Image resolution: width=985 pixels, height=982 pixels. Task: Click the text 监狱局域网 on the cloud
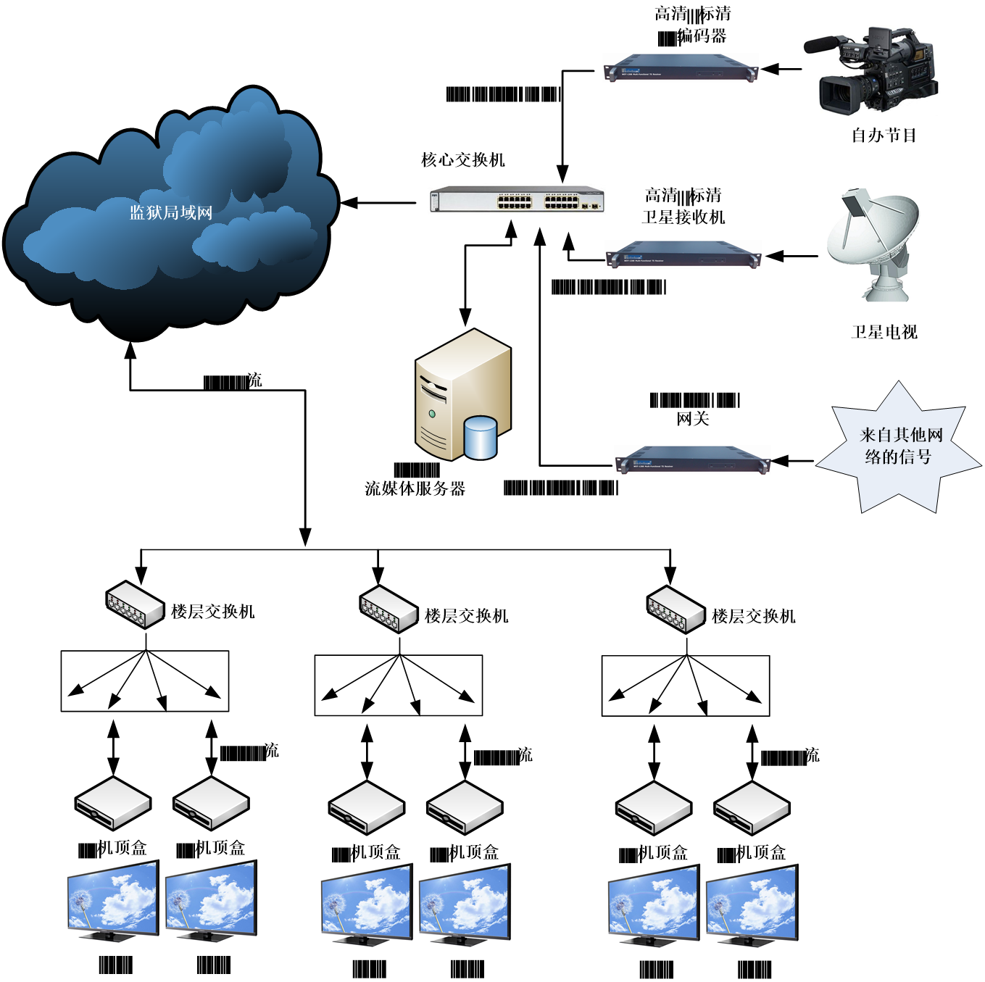coord(171,212)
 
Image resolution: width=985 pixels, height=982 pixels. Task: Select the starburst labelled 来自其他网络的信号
coord(899,446)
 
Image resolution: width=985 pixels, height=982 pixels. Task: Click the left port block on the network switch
coord(515,201)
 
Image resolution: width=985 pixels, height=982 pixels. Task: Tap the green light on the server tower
coord(432,414)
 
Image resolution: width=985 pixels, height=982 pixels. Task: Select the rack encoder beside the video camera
coord(680,67)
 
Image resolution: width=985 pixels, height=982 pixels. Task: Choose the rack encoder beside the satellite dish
coord(683,254)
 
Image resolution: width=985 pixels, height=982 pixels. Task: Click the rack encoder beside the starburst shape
coord(692,459)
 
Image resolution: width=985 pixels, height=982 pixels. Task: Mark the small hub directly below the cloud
coord(135,604)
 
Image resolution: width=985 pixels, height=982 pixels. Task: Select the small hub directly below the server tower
coord(388,609)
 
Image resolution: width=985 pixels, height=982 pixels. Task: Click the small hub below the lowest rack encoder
coord(676,609)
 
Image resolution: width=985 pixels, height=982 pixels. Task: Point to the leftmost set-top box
coord(113,802)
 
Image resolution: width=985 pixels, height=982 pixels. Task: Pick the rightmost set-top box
coord(752,807)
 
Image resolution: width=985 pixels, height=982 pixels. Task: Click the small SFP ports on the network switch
coord(589,206)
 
